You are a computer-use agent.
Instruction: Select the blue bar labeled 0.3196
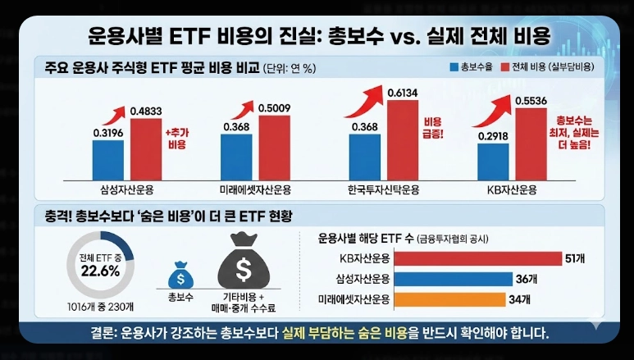point(108,157)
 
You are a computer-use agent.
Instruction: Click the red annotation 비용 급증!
point(432,127)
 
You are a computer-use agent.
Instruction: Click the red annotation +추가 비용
point(176,138)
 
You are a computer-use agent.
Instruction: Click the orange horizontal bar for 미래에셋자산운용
point(450,298)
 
